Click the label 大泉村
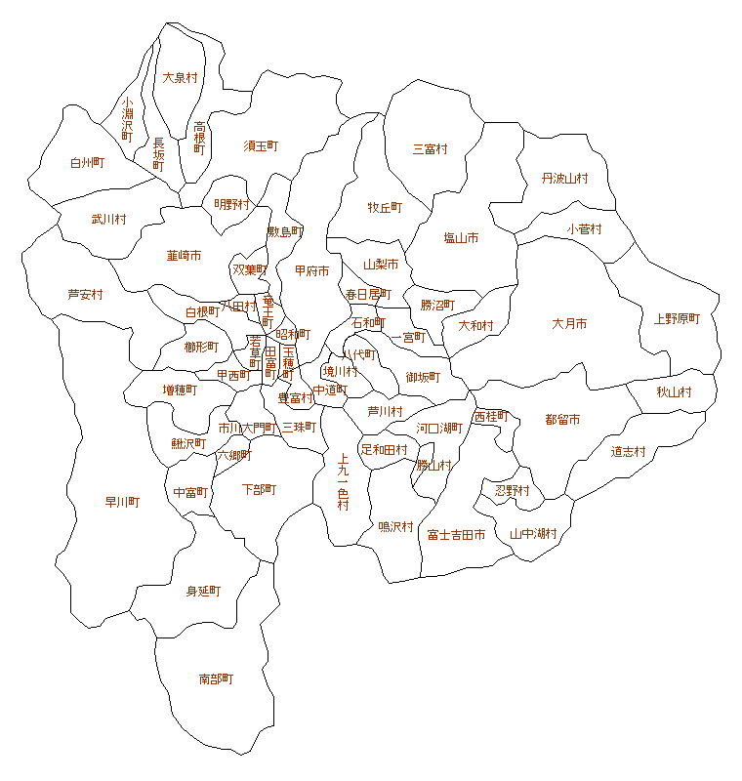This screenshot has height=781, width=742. (x=180, y=77)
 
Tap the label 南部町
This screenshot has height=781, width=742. (x=216, y=678)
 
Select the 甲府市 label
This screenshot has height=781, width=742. (x=311, y=270)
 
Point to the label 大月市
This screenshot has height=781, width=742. (x=569, y=324)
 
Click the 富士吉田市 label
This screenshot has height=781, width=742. (x=456, y=535)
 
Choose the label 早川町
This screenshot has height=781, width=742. (x=122, y=502)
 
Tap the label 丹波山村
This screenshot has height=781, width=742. (x=565, y=179)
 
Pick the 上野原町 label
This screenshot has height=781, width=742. (x=678, y=319)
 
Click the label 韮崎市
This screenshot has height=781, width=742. (x=184, y=256)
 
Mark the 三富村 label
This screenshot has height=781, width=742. (x=430, y=149)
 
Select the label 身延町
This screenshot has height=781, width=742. (x=203, y=592)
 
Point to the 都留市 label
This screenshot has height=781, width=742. (x=562, y=420)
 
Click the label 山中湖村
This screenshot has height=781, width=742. (x=533, y=534)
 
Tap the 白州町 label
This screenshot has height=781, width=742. (x=87, y=163)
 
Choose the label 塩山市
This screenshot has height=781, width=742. (x=461, y=238)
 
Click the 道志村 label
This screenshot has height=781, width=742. (x=629, y=451)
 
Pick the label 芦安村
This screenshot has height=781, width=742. (x=85, y=294)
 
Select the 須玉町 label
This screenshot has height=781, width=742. (x=261, y=145)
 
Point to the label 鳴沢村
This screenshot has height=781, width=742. (x=395, y=527)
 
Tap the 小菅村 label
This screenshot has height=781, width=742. (x=584, y=229)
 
